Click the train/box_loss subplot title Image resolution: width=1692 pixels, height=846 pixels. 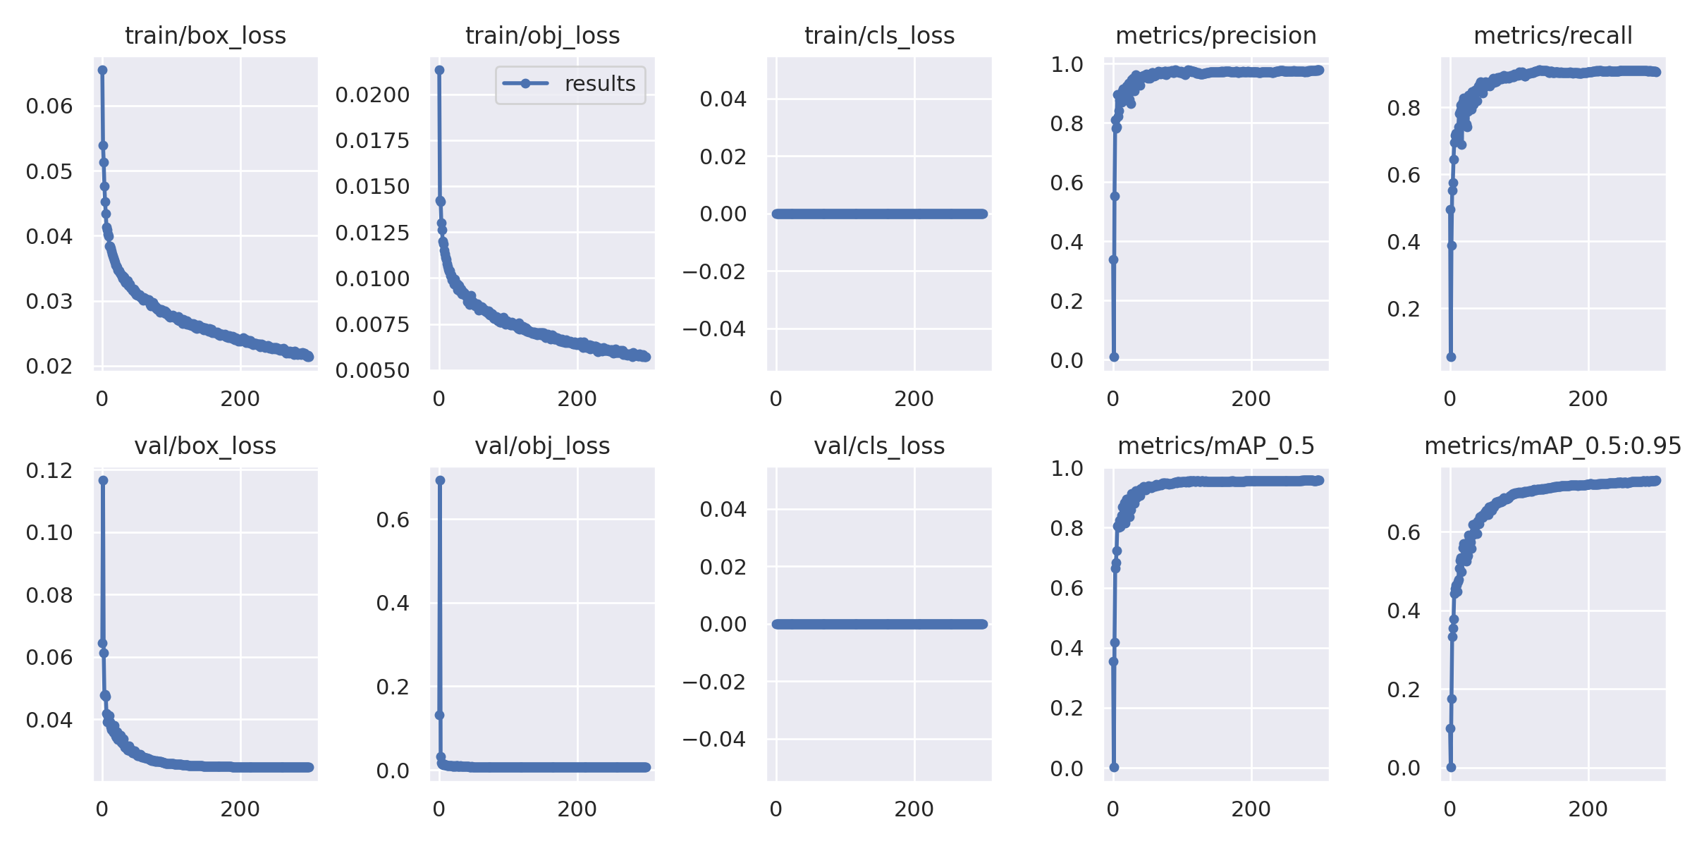coord(205,35)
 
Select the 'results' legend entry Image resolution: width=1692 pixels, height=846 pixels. coord(599,84)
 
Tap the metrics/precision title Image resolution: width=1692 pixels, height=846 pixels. coord(1215,35)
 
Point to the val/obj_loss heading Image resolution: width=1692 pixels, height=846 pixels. coord(542,446)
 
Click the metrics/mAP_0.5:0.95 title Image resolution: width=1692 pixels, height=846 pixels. coord(1552,446)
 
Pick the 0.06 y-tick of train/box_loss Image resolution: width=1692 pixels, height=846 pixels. coord(49,106)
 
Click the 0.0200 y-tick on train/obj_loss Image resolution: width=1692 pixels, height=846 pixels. coord(372,94)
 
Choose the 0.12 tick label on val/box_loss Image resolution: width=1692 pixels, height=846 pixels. coord(49,470)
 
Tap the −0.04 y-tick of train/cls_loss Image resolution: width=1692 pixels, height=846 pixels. coord(713,329)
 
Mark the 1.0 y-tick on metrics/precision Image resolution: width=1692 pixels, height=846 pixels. coord(1067,64)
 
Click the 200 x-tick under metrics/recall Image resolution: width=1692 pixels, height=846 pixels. coord(1588,399)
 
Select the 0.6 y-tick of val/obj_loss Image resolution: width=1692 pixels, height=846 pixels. coord(393,520)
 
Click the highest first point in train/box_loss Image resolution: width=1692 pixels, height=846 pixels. coord(102,70)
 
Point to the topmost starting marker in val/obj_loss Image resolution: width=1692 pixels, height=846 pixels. coord(440,480)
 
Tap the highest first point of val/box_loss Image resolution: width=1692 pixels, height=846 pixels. coord(103,480)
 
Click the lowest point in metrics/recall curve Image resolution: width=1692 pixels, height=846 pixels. coord(1451,357)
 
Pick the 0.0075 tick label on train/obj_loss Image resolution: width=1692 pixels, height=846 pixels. coord(372,324)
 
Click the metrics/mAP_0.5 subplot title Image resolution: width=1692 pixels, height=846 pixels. coord(1215,446)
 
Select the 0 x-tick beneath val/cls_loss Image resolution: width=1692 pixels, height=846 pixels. coord(775,809)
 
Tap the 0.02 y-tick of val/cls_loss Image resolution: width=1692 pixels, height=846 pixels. coord(723,567)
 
